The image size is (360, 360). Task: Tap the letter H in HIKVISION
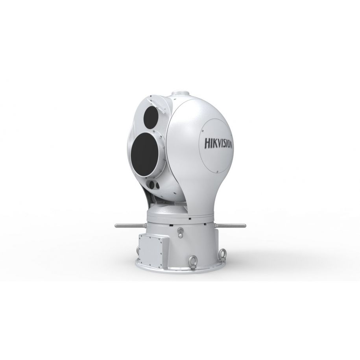pyautogui.click(x=207, y=142)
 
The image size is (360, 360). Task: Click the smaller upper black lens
pyautogui.click(x=151, y=115)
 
